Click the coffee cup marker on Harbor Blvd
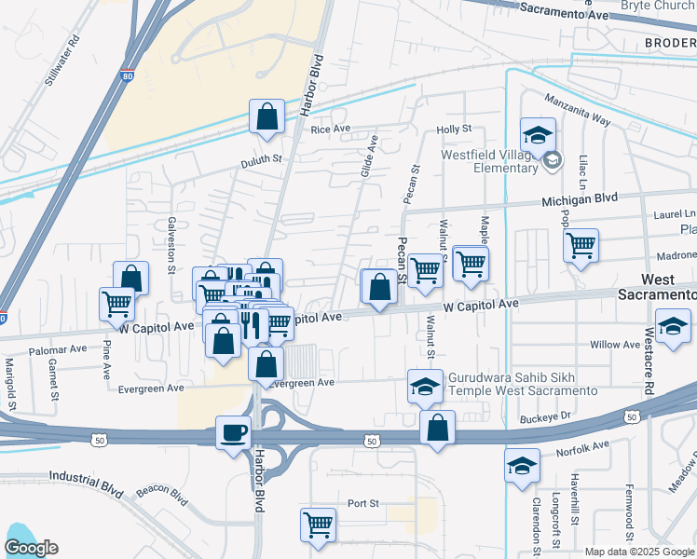[233, 431]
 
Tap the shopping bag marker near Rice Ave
[266, 116]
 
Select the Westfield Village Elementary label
[489, 161]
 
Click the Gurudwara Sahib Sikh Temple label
[522, 384]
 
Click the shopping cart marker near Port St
[318, 525]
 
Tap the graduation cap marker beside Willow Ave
[673, 328]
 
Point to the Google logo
[31, 548]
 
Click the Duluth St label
[262, 159]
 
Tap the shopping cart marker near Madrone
[581, 246]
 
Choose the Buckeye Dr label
[544, 417]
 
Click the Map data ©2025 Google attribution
[638, 552]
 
